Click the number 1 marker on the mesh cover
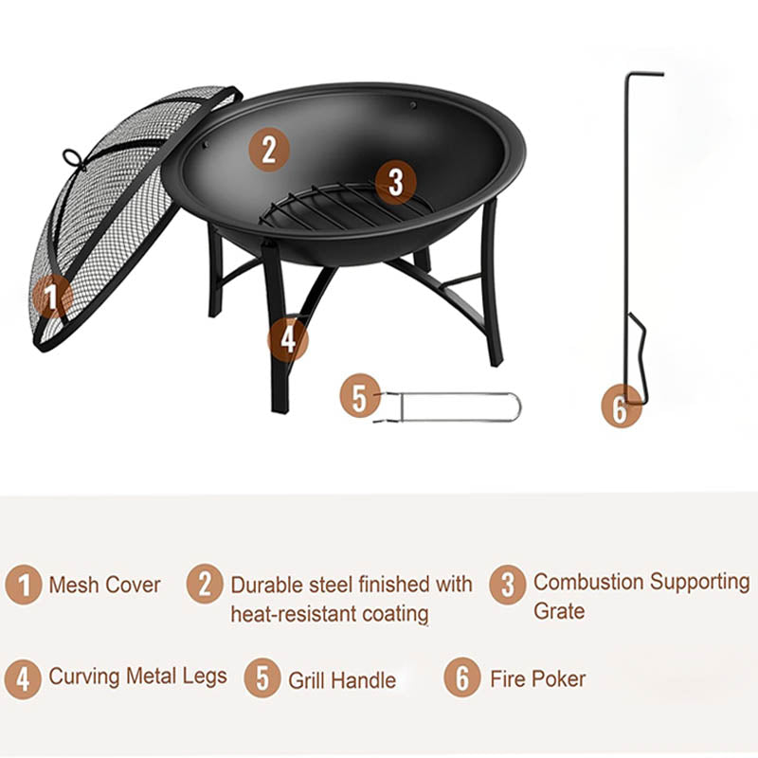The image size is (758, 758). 51,299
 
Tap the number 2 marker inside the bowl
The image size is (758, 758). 269,150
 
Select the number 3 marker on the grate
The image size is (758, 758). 396,180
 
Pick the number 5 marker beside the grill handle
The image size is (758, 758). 359,397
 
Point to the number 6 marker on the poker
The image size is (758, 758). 621,408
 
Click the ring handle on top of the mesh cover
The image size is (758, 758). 72,157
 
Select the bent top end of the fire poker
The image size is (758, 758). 644,74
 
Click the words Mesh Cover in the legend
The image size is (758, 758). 104,586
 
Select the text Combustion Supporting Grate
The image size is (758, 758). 641,595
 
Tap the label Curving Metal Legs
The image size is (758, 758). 137,677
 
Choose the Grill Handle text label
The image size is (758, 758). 342,679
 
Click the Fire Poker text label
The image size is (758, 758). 537,678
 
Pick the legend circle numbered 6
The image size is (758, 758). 462,678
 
